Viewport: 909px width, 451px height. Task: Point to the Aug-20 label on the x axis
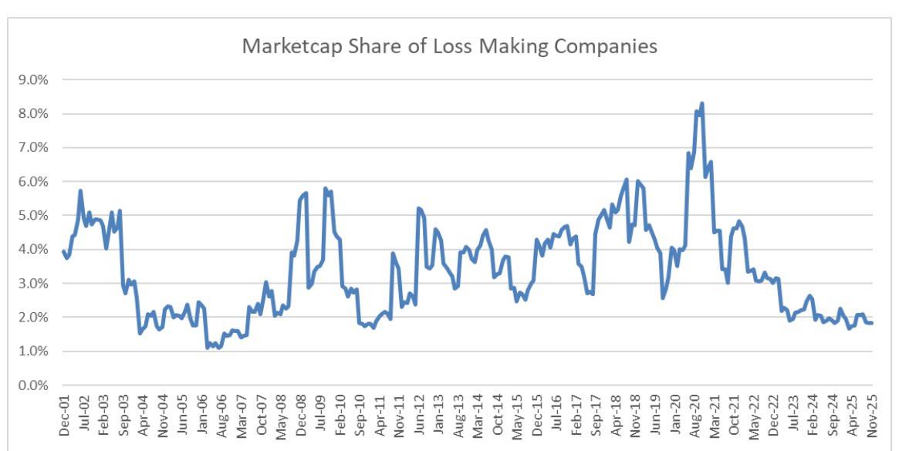coord(694,416)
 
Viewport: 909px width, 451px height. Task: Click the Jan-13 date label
coord(438,416)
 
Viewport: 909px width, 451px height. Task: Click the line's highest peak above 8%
coord(702,103)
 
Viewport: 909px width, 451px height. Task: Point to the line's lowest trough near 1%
coord(208,348)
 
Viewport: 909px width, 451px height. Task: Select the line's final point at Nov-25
coord(872,323)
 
